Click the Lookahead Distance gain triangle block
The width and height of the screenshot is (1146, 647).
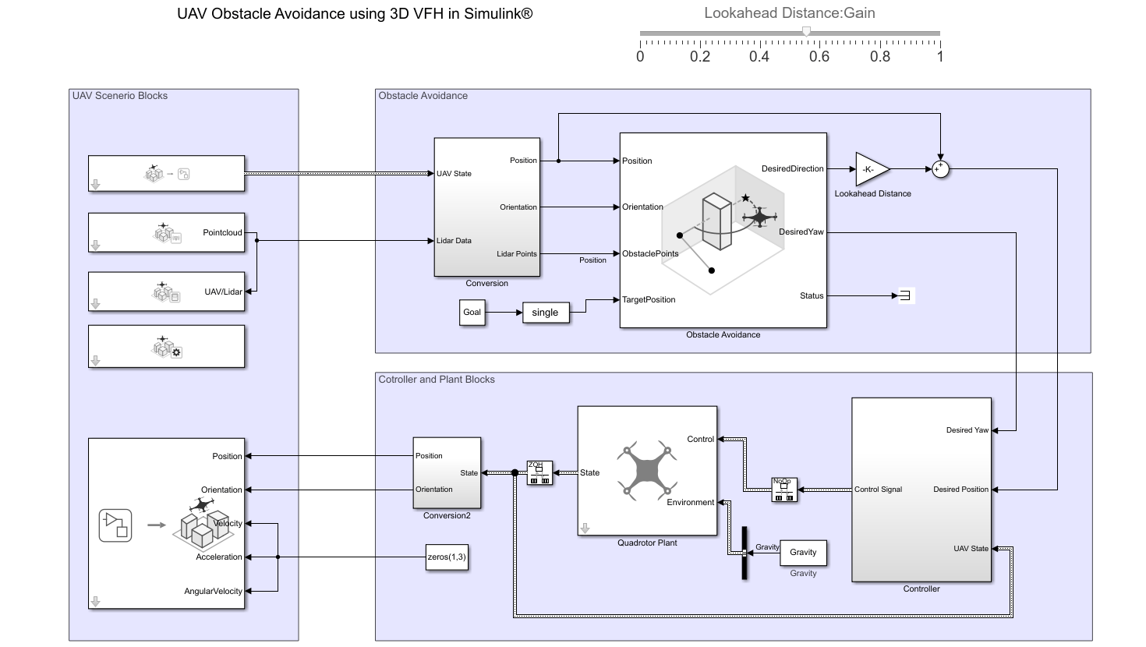(871, 168)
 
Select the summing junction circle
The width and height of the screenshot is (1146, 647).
(941, 168)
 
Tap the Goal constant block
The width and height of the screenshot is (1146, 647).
(472, 313)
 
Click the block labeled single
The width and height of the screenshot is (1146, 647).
(546, 313)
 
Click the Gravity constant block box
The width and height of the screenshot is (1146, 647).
(803, 552)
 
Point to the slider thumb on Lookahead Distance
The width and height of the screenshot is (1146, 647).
(807, 32)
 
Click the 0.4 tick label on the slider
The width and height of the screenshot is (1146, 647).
(759, 56)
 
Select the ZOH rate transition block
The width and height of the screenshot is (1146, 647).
(539, 472)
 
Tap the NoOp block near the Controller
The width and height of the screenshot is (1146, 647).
(784, 490)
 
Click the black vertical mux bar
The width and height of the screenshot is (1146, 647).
(745, 553)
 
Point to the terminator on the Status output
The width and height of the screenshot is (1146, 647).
(904, 295)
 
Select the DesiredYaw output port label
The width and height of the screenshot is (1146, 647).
(801, 232)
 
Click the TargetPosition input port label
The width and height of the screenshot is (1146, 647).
(649, 299)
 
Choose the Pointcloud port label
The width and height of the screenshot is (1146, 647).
(222, 232)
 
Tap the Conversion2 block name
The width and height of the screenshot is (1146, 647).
(447, 515)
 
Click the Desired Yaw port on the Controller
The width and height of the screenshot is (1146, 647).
(967, 430)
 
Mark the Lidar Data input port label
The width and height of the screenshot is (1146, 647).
(454, 241)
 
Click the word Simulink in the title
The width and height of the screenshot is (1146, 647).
(490, 13)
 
